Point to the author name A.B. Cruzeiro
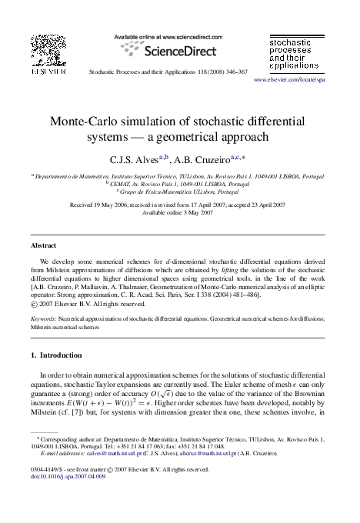click(x=206, y=160)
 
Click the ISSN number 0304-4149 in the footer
click(x=45, y=489)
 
